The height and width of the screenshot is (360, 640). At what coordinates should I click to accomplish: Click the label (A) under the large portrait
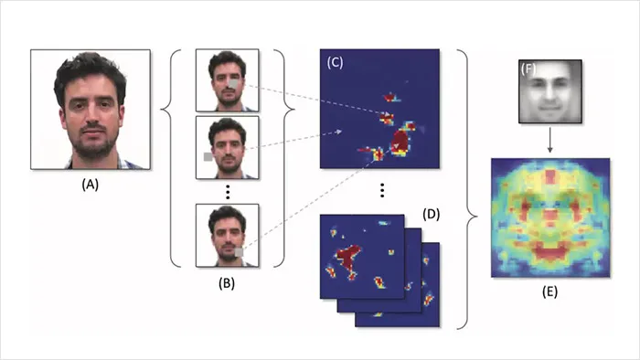point(91,185)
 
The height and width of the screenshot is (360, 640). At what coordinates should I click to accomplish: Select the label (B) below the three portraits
point(227,283)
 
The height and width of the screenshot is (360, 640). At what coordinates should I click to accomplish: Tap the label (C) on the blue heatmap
point(336,62)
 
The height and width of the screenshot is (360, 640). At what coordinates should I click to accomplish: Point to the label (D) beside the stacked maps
point(431,214)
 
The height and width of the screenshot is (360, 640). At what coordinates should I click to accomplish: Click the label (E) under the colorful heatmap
point(549,291)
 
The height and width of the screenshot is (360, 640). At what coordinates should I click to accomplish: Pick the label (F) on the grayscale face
point(528,69)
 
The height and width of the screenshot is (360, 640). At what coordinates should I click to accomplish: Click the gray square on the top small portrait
point(233,84)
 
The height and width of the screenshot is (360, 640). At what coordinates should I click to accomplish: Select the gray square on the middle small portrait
point(208,156)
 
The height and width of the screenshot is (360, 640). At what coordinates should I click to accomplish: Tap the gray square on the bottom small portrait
point(239,252)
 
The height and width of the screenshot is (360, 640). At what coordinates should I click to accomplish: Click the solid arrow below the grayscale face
point(549,140)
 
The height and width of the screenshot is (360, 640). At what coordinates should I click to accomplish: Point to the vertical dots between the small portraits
point(228,192)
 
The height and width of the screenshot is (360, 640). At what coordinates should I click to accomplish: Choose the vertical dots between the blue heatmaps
point(382,190)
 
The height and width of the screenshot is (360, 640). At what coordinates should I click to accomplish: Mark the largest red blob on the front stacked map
point(347,258)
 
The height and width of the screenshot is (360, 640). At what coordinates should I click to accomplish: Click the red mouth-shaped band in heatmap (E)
point(549,250)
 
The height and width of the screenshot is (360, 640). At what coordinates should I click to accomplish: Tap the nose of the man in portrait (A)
point(92,118)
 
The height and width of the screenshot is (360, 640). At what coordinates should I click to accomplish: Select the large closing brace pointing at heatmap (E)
point(467,189)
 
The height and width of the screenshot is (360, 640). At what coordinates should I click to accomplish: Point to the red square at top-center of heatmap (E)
point(550,176)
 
